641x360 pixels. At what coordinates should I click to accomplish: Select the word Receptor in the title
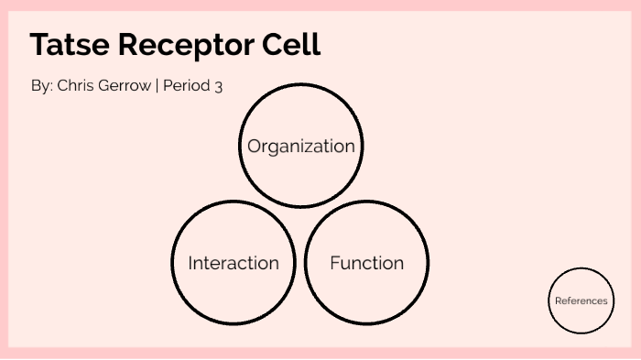tap(188, 45)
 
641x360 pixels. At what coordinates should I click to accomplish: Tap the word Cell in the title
tap(293, 45)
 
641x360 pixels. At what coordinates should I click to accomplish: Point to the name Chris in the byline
tap(76, 86)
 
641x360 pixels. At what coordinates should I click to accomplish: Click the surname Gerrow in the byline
tap(125, 86)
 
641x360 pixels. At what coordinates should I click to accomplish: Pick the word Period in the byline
tap(188, 86)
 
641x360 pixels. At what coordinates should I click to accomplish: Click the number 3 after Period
tap(219, 86)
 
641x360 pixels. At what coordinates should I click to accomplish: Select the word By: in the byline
tap(41, 86)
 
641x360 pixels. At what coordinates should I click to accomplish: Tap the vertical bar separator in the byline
tap(158, 86)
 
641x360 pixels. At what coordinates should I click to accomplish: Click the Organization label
tap(300, 146)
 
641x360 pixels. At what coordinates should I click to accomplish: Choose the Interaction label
tap(234, 263)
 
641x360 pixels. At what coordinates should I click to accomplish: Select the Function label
tap(366, 263)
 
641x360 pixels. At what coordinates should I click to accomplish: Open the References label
tap(581, 300)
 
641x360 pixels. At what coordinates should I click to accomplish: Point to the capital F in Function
tap(334, 263)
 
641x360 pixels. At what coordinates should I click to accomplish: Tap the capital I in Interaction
tap(190, 263)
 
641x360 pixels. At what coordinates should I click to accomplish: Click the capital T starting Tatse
tap(39, 45)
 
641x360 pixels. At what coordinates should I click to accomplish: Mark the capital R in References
tap(558, 300)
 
